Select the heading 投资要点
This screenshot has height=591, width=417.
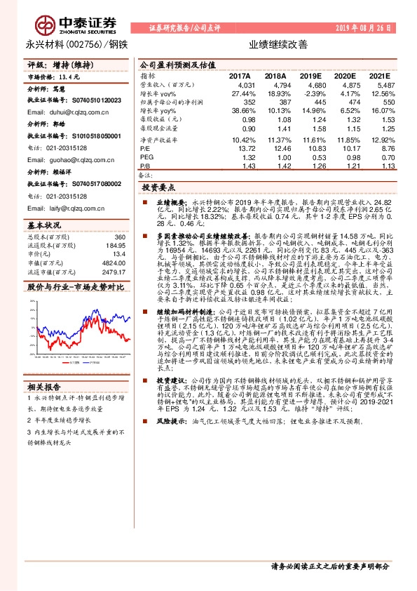(x=157, y=189)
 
